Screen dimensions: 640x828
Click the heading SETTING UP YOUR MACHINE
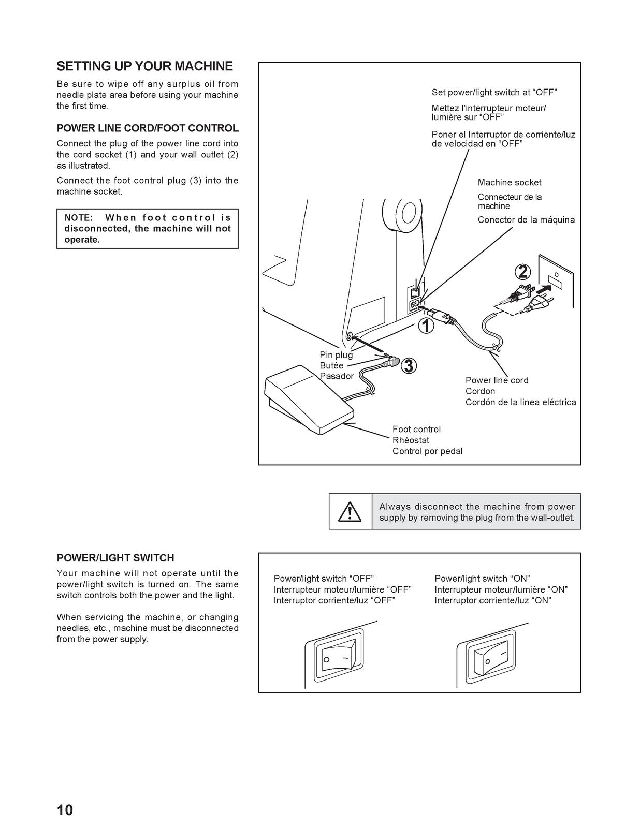144,66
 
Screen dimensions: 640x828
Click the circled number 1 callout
426,326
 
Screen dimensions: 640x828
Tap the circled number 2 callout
522,272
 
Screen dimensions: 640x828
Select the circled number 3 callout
408,366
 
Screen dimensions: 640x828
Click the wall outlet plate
556,281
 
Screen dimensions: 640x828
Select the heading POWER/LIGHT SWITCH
115,558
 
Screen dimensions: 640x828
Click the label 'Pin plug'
336,355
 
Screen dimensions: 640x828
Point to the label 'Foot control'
417,429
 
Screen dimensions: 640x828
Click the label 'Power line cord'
497,380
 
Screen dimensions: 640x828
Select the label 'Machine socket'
510,182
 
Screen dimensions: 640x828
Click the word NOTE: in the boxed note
79,217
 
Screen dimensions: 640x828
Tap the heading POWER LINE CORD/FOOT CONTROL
148,128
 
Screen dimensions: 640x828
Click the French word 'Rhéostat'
411,440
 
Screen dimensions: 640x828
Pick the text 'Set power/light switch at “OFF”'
494,92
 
